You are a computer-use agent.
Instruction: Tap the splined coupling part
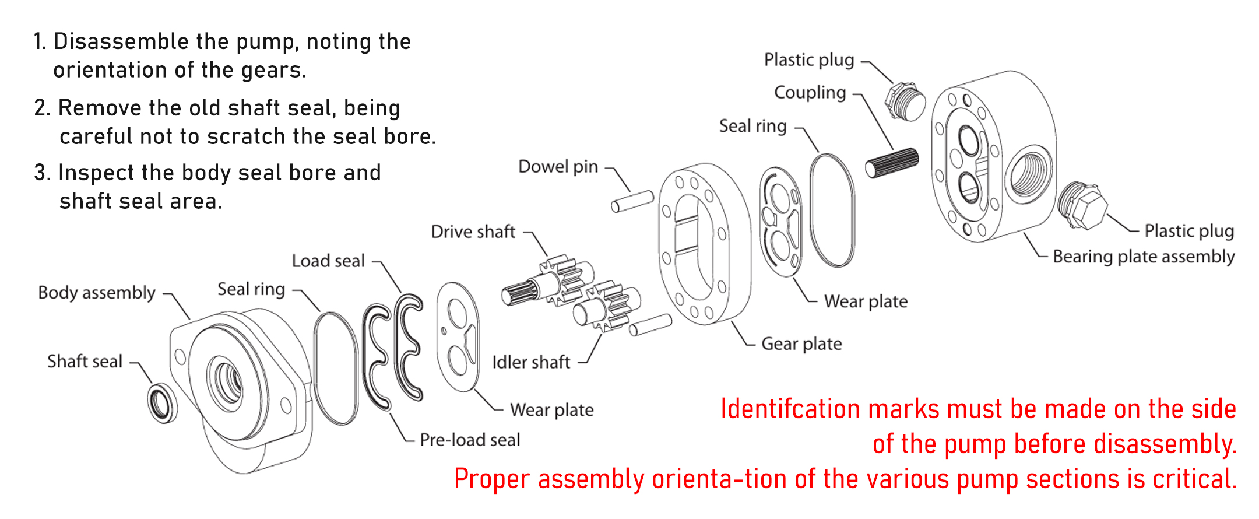[892, 163]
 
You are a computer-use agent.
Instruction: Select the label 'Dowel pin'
[558, 167]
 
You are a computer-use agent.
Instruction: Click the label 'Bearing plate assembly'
[1144, 257]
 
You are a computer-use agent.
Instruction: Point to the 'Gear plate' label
[801, 344]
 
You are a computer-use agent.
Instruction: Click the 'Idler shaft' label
[531, 362]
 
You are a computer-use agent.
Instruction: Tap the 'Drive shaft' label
[473, 232]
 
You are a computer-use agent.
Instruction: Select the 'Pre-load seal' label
[470, 440]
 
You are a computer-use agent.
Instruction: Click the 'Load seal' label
[328, 261]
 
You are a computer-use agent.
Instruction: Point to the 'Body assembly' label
[97, 293]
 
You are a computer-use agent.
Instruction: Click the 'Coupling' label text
[810, 93]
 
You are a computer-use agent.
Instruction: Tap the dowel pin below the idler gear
[650, 325]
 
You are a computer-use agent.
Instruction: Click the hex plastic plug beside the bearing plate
[1083, 205]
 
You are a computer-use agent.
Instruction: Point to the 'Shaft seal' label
[85, 362]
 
